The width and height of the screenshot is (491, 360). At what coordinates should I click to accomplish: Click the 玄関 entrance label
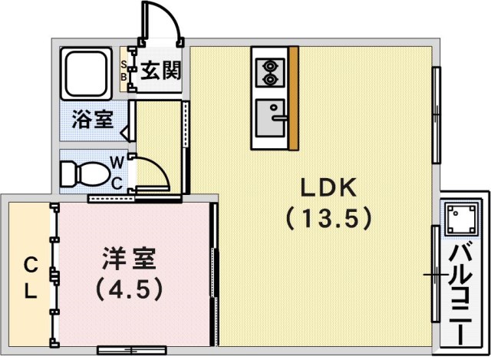pos(160,71)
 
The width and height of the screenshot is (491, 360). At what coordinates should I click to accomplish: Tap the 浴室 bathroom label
pos(92,119)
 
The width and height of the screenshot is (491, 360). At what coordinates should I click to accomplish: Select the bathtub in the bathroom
pos(86,74)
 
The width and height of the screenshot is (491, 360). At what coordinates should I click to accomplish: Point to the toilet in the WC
pos(84,173)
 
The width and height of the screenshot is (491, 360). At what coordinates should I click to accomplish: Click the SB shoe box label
pos(124,71)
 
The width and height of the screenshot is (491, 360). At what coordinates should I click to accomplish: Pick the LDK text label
pos(328,187)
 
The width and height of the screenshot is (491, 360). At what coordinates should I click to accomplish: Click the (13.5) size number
pos(328,218)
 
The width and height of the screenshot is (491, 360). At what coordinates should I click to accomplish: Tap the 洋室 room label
pos(129,259)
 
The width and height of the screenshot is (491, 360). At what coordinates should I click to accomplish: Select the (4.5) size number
pos(129,290)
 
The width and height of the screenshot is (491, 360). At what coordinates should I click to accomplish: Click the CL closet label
pos(31,278)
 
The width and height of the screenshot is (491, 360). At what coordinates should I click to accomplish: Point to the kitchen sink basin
pos(270,118)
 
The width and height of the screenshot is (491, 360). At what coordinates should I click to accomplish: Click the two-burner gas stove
pos(270,73)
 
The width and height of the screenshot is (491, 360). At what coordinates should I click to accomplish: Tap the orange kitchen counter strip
pos(294,98)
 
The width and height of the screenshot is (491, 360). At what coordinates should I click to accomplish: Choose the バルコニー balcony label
pos(460,295)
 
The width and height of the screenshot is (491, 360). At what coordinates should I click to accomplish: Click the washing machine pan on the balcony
pos(461,220)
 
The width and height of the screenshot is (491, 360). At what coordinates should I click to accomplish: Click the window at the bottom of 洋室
pos(131,350)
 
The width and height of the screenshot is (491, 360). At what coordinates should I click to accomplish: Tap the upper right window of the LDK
pos(437,115)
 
